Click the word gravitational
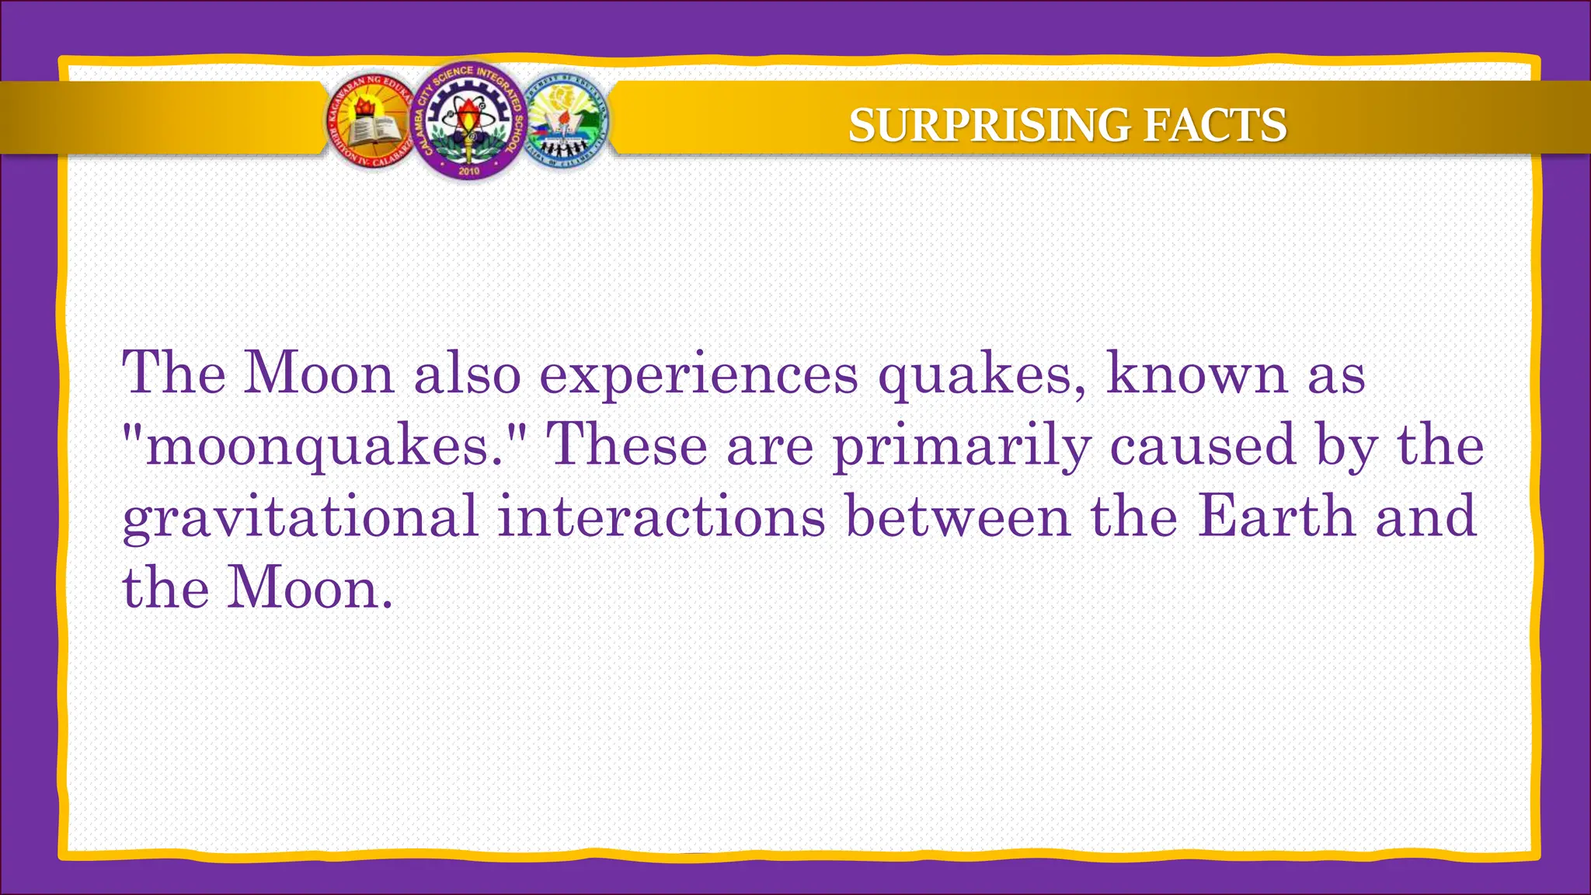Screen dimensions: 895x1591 [300, 517]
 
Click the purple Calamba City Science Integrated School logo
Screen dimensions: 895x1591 [468, 120]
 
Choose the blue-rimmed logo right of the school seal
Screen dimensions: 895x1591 [566, 122]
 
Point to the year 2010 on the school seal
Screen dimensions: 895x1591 [468, 170]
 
